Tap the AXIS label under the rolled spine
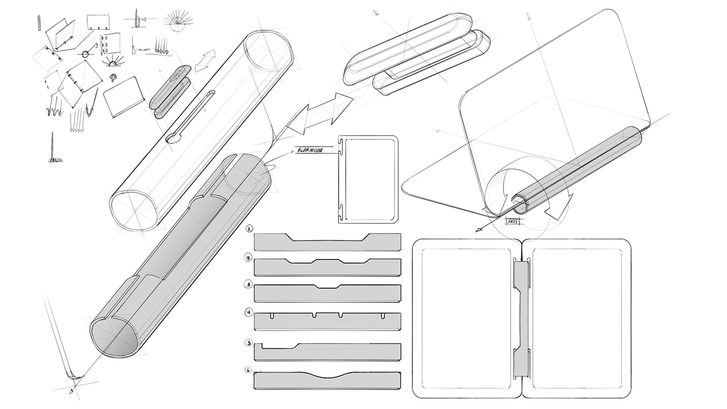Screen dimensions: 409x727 514,221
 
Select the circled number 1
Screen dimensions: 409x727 250,229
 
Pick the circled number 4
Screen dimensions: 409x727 250,312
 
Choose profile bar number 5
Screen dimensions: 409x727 327,352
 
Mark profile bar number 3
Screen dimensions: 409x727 327,294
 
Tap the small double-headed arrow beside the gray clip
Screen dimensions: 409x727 205,61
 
